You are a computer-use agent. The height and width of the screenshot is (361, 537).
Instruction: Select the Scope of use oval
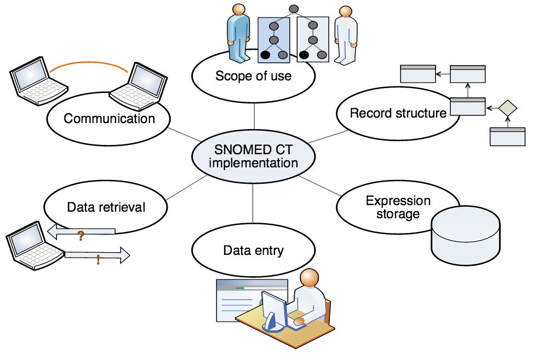(253, 75)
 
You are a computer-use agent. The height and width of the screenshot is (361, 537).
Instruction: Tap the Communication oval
(109, 118)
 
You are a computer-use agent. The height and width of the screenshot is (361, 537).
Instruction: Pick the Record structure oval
(398, 113)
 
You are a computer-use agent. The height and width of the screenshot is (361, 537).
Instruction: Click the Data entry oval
(253, 251)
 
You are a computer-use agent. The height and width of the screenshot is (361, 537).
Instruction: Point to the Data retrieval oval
(106, 207)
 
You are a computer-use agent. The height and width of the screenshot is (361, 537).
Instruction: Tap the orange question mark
(81, 236)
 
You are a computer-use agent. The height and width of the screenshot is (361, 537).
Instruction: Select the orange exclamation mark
(98, 260)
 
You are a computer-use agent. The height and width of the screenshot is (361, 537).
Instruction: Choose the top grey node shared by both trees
(294, 8)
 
